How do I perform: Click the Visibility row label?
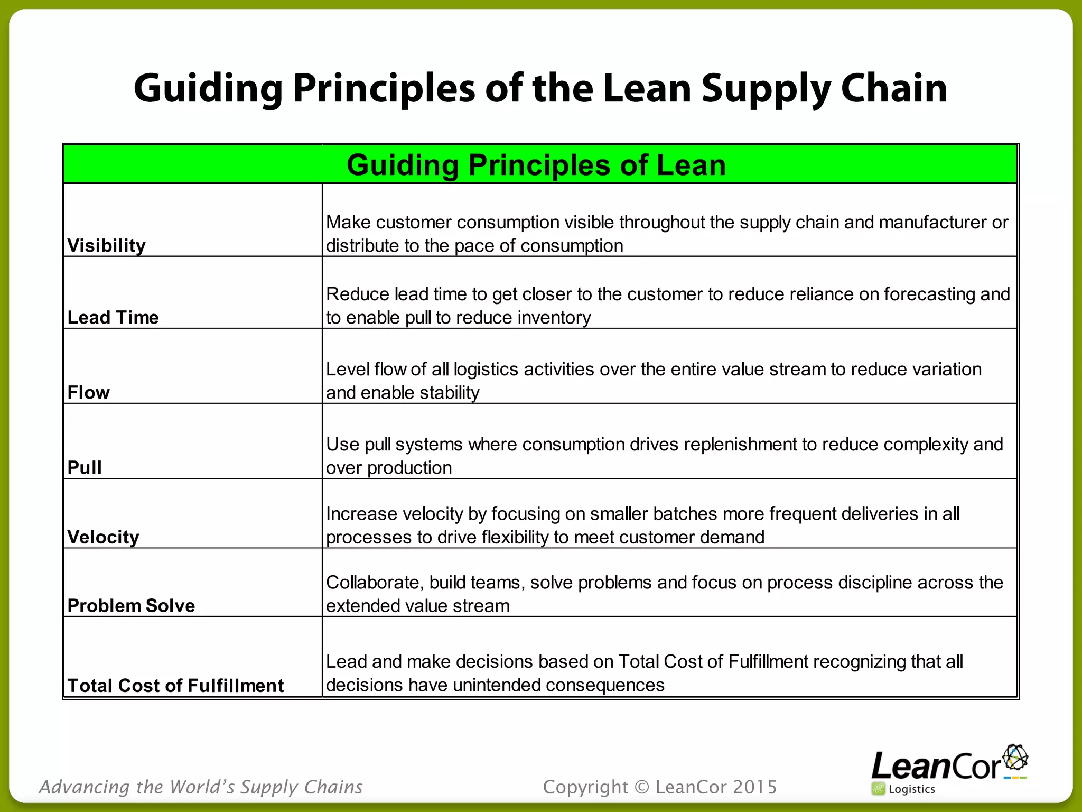coord(106,246)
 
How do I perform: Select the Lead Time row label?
coord(113,318)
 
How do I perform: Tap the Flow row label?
coord(88,393)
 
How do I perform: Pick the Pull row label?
coord(85,468)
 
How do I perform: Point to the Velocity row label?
coord(103,537)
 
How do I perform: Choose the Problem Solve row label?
coord(131,606)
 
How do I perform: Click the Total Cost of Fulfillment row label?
coord(175,686)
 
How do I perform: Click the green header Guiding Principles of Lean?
coord(536,165)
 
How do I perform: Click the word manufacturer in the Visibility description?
coord(932,223)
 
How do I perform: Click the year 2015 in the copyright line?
coord(755,787)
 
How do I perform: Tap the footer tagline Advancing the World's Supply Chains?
coord(201,787)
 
